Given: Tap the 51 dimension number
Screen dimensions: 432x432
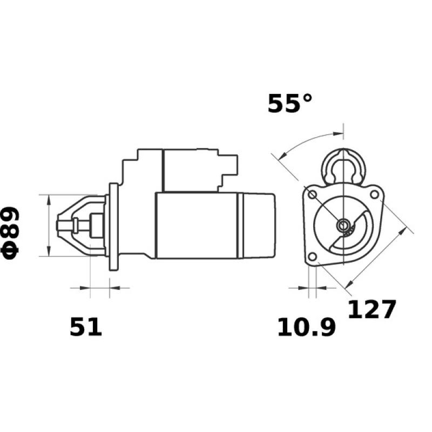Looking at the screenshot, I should (85, 327).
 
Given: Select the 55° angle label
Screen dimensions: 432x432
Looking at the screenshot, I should (290, 104).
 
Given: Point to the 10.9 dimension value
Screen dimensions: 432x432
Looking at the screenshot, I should (306, 327).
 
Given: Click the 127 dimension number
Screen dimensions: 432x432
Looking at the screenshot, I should (372, 309).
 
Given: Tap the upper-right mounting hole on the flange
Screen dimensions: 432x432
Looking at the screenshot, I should (374, 192).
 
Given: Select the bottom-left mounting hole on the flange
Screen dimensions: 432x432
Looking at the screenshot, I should (312, 256).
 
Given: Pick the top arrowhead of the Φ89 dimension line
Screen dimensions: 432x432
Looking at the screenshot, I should (49, 199).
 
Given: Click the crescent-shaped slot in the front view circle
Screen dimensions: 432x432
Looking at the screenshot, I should (354, 235).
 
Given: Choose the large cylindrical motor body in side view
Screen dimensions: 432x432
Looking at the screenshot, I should (197, 225).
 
